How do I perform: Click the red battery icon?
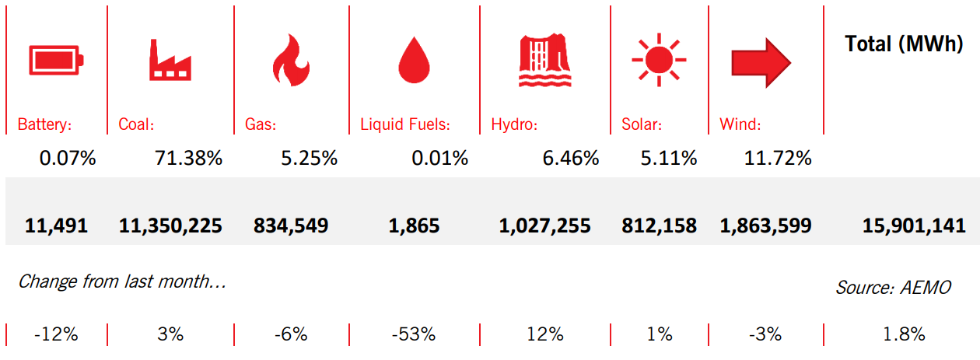click(x=56, y=59)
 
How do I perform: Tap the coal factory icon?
click(x=170, y=59)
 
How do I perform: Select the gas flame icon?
click(x=290, y=59)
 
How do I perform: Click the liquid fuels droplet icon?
click(x=414, y=61)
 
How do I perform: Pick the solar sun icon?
click(x=659, y=59)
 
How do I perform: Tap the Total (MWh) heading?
click(x=904, y=44)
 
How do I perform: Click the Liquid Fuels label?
click(x=405, y=124)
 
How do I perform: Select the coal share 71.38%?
click(x=189, y=159)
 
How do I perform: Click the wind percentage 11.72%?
click(x=777, y=159)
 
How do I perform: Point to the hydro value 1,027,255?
click(x=544, y=226)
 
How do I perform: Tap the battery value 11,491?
click(x=56, y=226)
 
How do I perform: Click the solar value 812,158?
click(x=659, y=226)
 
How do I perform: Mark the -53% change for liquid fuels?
click(x=414, y=335)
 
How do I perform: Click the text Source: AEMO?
click(x=893, y=287)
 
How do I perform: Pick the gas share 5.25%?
click(x=309, y=159)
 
